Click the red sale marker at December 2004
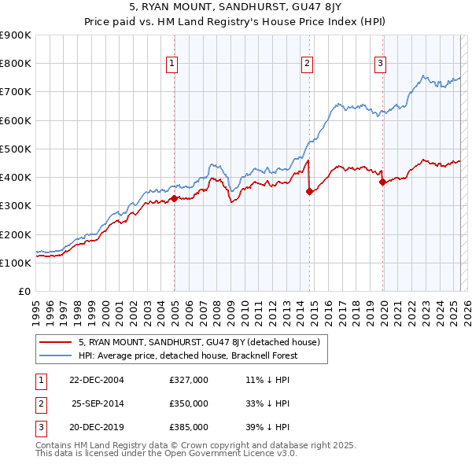pos(174,198)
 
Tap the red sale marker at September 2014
pos(309,191)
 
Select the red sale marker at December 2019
pos(382,182)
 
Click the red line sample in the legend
pos(57,342)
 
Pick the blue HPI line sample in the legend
pos(57,355)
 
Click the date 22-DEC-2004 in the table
pos(96,380)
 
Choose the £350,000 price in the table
pos(189,403)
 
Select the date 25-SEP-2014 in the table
pos(98,403)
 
